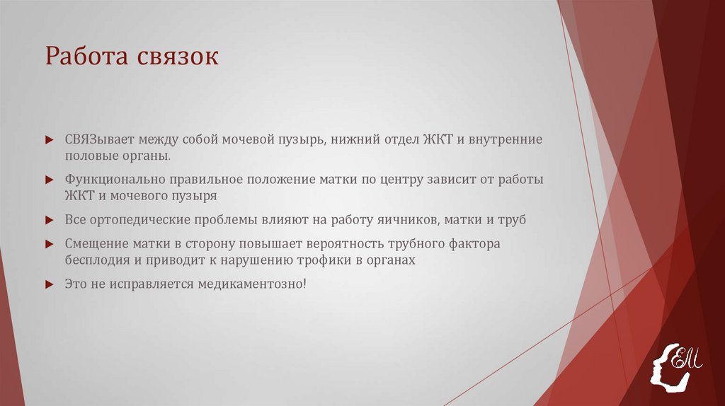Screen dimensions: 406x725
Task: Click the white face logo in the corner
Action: tap(675, 365)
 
